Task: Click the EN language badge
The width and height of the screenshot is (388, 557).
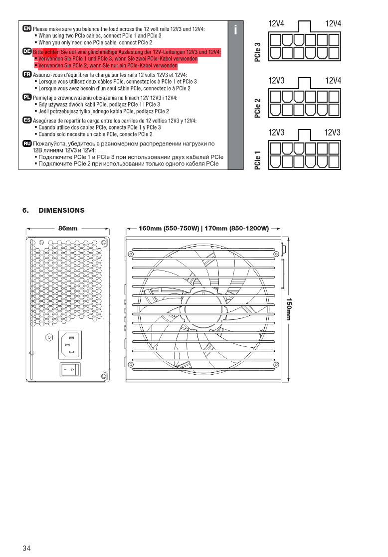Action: tap(27, 29)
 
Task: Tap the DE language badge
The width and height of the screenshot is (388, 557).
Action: tap(27, 51)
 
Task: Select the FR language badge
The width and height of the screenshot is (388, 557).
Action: tap(27, 74)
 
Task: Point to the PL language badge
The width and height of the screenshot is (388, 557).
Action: tap(27, 97)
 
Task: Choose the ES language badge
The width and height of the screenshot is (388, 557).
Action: tap(27, 120)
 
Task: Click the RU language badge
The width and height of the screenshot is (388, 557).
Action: tap(27, 143)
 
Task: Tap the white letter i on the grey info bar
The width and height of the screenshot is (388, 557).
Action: tap(235, 30)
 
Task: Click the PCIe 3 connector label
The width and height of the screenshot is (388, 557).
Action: tap(257, 52)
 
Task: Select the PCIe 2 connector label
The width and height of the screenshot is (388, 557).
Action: tap(257, 108)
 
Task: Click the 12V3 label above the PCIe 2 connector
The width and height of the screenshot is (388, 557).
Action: tap(276, 81)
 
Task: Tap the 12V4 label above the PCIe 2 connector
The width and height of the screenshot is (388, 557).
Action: tap(333, 81)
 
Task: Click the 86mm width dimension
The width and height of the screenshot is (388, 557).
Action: tap(68, 229)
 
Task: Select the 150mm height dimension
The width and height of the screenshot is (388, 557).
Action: tap(288, 309)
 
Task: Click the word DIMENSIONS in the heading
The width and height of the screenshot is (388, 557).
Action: tap(61, 210)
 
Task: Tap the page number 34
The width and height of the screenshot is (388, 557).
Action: tap(26, 548)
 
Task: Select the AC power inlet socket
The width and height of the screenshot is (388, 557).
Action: tap(70, 345)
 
